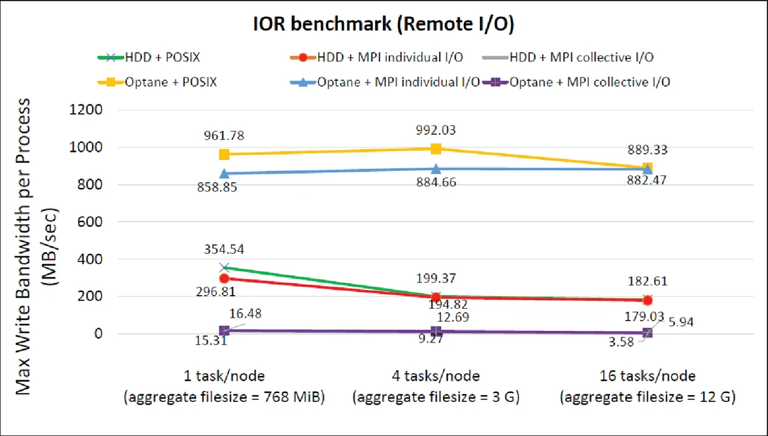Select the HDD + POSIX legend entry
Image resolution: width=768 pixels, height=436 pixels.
154,57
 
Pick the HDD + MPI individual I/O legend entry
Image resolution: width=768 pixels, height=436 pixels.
378,57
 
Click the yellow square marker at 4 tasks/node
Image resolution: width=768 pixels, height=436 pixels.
436,149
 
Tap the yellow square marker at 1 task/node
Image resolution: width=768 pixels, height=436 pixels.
224,154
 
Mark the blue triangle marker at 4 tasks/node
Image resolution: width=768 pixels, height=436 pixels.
436,169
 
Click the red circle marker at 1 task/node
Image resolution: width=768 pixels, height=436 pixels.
224,279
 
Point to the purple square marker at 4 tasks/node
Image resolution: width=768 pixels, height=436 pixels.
436,332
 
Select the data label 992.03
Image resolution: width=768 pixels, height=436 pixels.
436,130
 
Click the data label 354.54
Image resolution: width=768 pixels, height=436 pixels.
224,250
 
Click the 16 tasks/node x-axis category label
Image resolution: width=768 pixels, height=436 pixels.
647,376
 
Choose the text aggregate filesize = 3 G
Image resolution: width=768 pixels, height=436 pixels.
436,397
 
